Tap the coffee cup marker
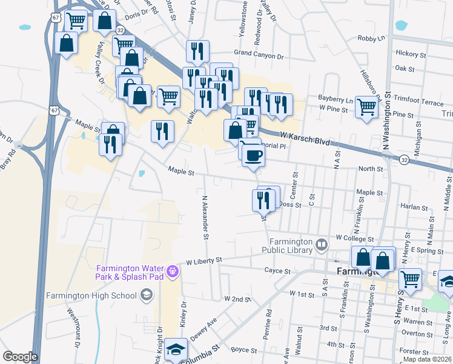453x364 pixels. coord(253,155)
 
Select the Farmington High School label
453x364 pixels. coord(91,295)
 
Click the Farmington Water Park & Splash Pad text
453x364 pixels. coord(130,273)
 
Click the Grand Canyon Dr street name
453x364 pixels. coord(259,55)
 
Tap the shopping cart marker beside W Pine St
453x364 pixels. coord(366,107)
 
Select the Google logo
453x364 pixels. coord(20,357)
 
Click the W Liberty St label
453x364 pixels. coord(205,260)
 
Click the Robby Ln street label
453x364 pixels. coord(371,38)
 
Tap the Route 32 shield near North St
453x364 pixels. coord(403,159)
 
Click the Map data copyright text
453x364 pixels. coord(427,359)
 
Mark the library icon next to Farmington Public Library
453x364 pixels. coord(321,245)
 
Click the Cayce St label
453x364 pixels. coord(277,270)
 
